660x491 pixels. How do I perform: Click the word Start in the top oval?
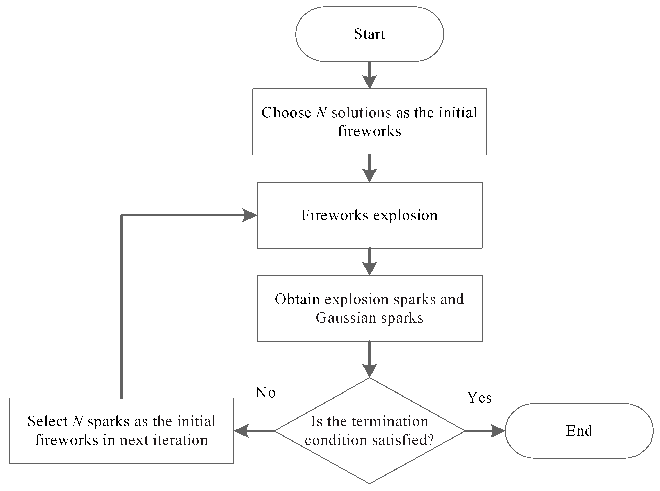(x=369, y=34)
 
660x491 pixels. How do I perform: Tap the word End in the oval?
(x=579, y=431)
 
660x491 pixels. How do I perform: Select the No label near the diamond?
(x=266, y=392)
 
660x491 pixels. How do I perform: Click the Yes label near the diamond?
(x=479, y=398)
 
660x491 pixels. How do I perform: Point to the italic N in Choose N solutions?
(x=321, y=113)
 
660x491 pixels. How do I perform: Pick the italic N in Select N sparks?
(x=78, y=421)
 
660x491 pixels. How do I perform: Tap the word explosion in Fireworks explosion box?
(x=405, y=215)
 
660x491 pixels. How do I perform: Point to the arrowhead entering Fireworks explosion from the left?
(x=249, y=215)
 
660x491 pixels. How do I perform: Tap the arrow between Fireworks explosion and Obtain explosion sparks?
(x=369, y=262)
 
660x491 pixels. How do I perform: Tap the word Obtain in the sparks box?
(x=297, y=299)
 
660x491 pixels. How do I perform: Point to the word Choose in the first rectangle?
(x=286, y=113)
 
